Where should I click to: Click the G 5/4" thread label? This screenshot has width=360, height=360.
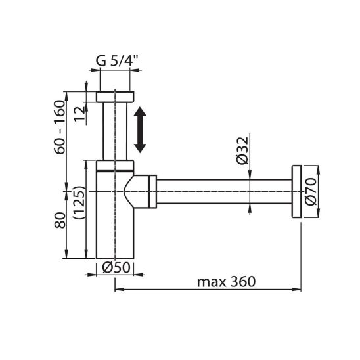pos(117,60)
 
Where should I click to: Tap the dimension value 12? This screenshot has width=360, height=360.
pos(80,114)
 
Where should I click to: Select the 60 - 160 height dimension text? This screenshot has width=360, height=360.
pos(60,127)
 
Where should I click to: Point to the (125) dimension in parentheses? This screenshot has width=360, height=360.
pos(79,202)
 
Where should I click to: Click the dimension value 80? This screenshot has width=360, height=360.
pos(60,220)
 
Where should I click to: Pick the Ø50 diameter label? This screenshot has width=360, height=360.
pos(116,267)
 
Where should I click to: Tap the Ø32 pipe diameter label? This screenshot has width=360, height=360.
pos(242,150)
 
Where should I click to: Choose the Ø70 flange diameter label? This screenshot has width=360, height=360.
pos(311,191)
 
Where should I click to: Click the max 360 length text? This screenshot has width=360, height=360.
pos(226,281)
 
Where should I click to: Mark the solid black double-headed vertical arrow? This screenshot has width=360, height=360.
pos(140,129)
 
